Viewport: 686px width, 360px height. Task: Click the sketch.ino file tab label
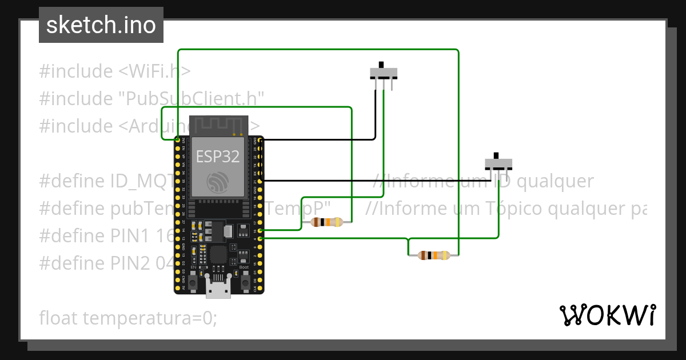point(101,25)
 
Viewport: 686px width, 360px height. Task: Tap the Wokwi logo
point(607,315)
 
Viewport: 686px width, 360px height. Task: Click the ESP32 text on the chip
point(218,156)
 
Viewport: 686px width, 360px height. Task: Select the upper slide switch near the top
point(383,73)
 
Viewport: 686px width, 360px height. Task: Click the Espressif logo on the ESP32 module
point(218,182)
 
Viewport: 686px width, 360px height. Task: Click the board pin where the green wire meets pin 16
point(261,230)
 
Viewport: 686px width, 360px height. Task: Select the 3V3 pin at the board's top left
point(178,139)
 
